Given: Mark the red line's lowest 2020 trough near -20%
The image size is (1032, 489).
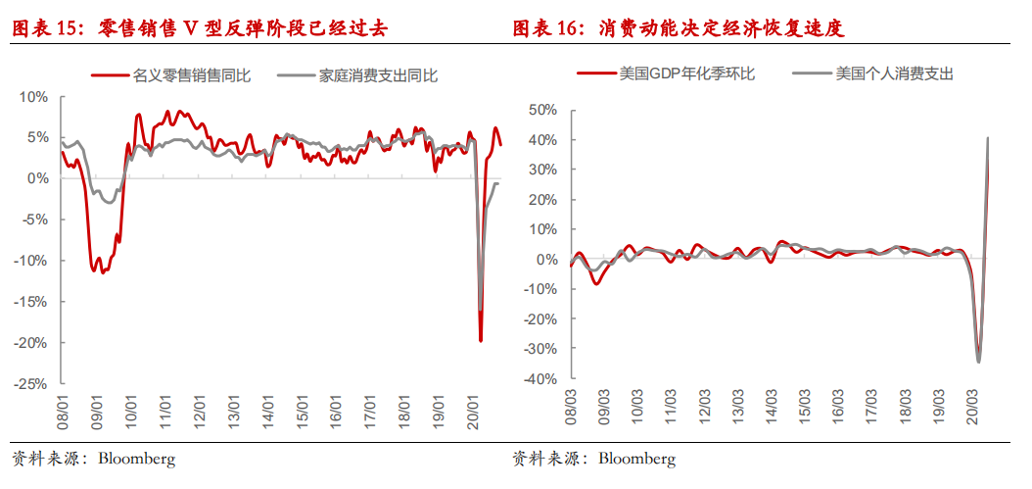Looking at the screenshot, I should pos(481,340).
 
